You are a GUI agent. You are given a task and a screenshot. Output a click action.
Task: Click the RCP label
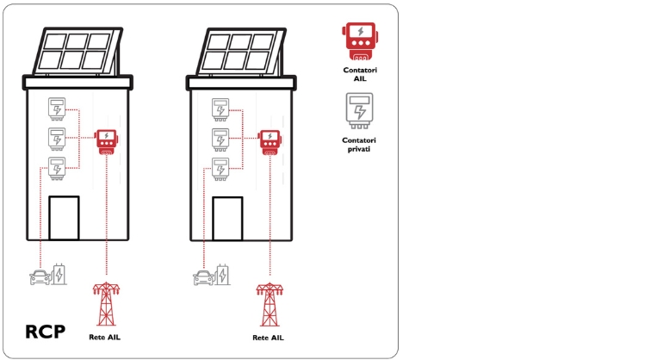tap(45, 332)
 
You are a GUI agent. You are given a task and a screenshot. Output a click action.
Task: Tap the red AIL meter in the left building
tap(106, 140)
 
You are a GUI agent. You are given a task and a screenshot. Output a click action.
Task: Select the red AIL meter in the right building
tap(270, 141)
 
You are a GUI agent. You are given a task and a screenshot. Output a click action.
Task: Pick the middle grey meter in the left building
tap(57, 139)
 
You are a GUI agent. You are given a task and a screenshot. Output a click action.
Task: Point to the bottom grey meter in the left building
tap(57, 168)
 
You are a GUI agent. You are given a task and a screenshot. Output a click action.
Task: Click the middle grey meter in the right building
tap(220, 139)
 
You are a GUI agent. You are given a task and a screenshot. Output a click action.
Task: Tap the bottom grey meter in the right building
tap(220, 168)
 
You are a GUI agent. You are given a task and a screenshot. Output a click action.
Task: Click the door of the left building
tap(64, 217)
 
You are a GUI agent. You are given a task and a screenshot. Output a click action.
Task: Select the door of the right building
tap(227, 217)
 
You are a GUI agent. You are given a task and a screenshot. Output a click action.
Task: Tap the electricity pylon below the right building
tap(270, 302)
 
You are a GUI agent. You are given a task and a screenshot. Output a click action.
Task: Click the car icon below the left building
tap(40, 276)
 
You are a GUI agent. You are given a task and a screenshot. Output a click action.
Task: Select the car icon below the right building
tap(203, 276)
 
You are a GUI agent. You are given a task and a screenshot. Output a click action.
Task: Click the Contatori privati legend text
tap(359, 145)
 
